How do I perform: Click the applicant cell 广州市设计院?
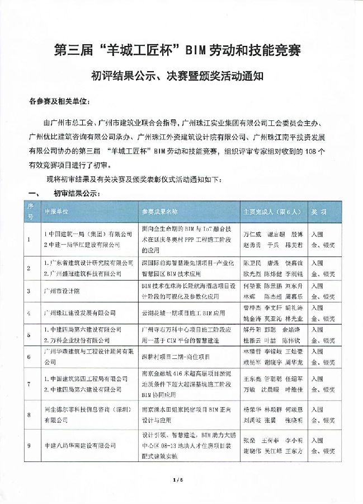(62, 291)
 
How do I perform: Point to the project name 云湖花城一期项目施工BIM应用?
(183, 312)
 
